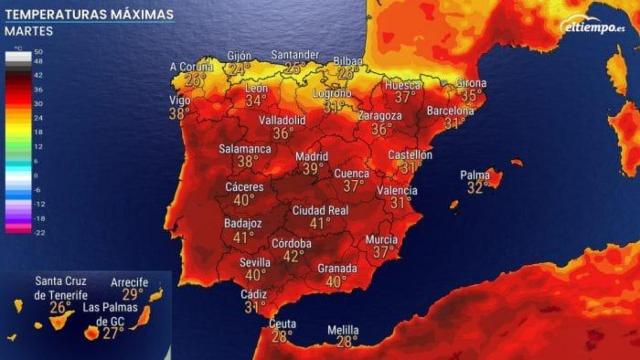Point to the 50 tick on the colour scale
click(x=38, y=50)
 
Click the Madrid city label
click(x=312, y=157)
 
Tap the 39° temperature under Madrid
click(x=313, y=170)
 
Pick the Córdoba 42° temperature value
click(x=294, y=256)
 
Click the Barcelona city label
click(x=450, y=111)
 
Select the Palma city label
click(x=475, y=175)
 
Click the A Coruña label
click(x=193, y=67)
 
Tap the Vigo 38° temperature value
click(x=179, y=114)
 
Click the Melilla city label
click(x=343, y=329)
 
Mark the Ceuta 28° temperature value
click(x=280, y=337)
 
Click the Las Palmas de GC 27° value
click(x=113, y=333)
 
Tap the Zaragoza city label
click(x=380, y=116)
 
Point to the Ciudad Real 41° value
click(x=320, y=224)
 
